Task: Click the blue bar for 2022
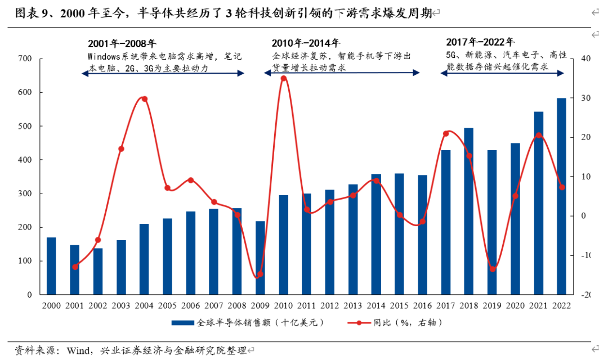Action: pos(561,196)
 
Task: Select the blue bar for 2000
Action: pos(51,266)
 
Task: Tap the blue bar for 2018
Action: pos(469,211)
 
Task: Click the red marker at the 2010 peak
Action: pos(284,78)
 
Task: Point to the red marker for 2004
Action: pos(144,99)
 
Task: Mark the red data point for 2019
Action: pos(493,269)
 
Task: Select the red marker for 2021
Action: pos(539,136)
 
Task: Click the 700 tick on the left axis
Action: pos(24,58)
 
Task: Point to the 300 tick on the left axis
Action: pos(24,193)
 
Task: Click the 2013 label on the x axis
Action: pos(353,305)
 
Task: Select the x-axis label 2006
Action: pos(191,305)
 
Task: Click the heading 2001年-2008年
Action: pos(122,43)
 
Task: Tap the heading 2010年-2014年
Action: pos(306,43)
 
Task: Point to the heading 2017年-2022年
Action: pos(480,42)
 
